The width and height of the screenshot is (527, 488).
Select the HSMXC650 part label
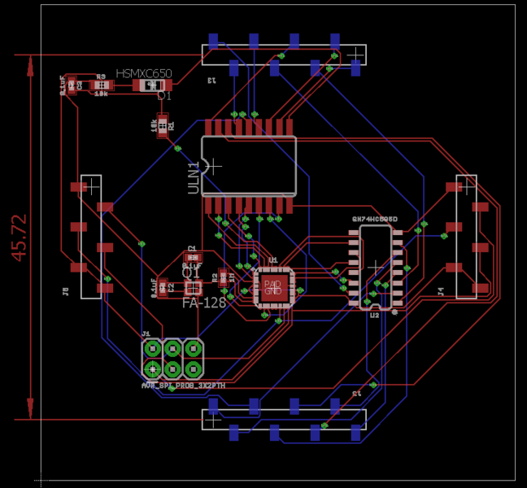(x=144, y=73)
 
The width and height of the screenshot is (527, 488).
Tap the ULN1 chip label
(x=194, y=177)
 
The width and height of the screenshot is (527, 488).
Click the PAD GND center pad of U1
(x=272, y=287)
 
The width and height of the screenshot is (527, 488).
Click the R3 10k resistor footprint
(x=101, y=85)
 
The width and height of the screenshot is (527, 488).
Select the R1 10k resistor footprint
(x=163, y=125)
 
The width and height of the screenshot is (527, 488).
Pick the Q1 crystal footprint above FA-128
(x=193, y=287)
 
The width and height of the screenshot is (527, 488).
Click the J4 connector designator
(x=441, y=290)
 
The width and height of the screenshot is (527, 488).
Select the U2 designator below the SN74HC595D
(x=374, y=315)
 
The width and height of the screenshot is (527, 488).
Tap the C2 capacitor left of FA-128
(x=163, y=286)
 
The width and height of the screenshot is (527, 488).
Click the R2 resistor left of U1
(x=224, y=277)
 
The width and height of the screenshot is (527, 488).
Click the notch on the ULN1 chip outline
(x=207, y=166)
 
